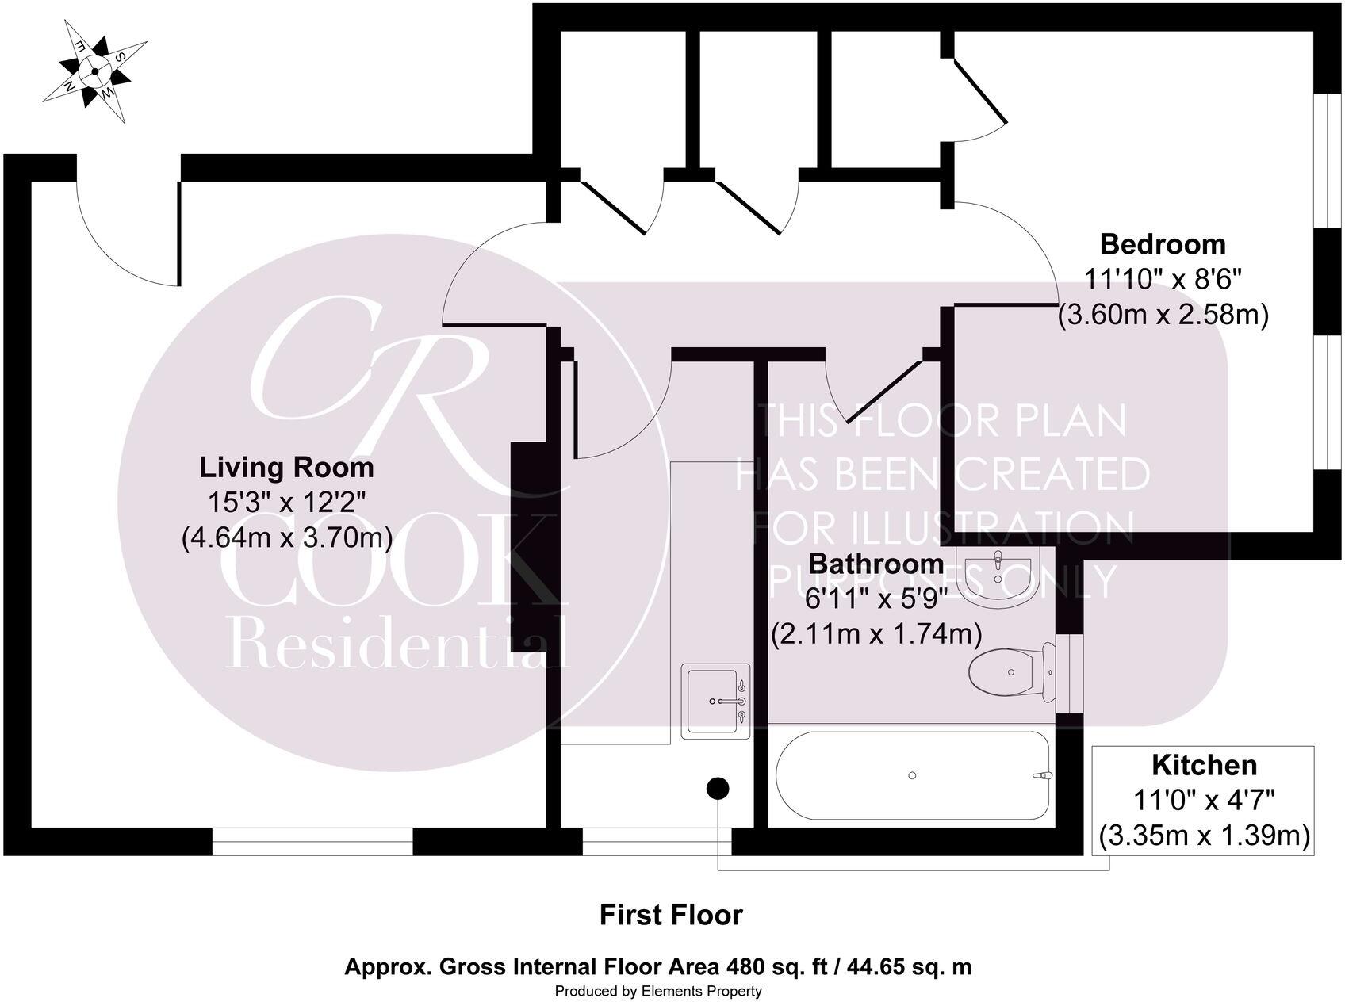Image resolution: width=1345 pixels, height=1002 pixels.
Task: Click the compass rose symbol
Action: (95, 71)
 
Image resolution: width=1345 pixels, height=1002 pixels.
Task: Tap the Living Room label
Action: (286, 467)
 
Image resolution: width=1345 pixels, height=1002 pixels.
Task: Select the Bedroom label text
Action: (1163, 243)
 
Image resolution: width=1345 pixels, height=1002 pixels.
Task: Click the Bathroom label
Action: (876, 564)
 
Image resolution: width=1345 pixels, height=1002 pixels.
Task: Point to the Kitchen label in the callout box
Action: (1204, 765)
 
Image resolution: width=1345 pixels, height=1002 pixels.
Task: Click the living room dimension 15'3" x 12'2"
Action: (286, 503)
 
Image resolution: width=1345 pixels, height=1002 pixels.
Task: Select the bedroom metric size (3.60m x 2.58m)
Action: (1163, 315)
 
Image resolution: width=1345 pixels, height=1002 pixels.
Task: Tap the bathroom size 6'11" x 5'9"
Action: (876, 599)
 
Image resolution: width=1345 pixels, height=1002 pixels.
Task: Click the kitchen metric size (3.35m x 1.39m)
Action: (1204, 836)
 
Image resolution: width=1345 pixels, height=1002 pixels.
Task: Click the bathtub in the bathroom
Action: (913, 775)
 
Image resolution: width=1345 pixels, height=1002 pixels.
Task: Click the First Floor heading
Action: (671, 915)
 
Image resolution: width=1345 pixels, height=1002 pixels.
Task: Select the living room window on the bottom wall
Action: (312, 842)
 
